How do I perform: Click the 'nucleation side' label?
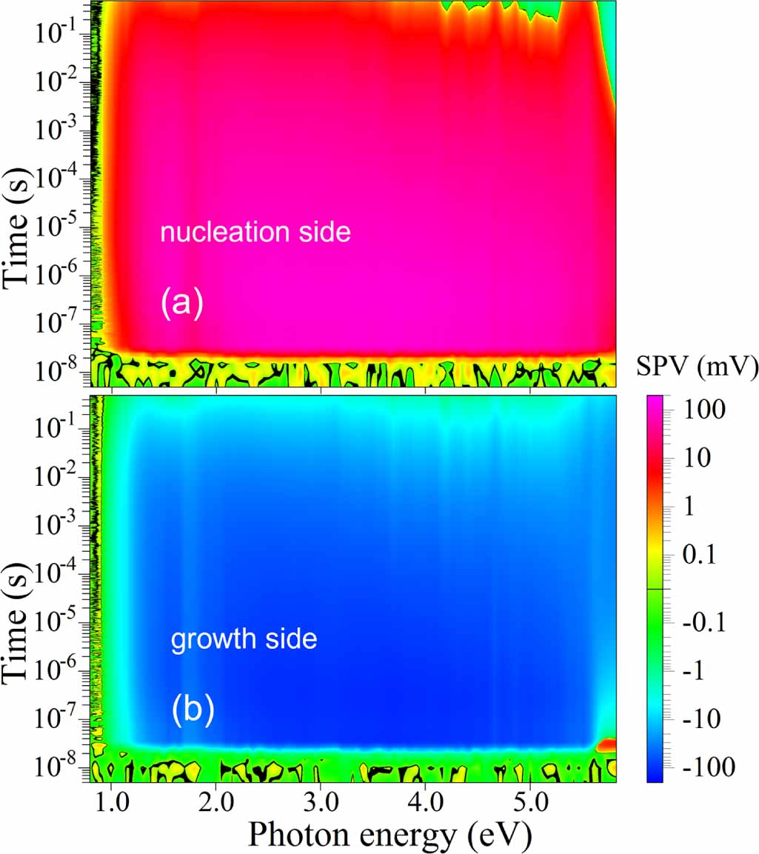[255, 233]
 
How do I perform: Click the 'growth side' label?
[244, 639]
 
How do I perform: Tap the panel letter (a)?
[181, 304]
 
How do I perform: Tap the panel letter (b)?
[193, 710]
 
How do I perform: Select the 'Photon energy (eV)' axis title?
[389, 834]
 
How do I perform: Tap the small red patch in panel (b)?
[606, 743]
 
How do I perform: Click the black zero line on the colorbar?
[649, 589]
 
